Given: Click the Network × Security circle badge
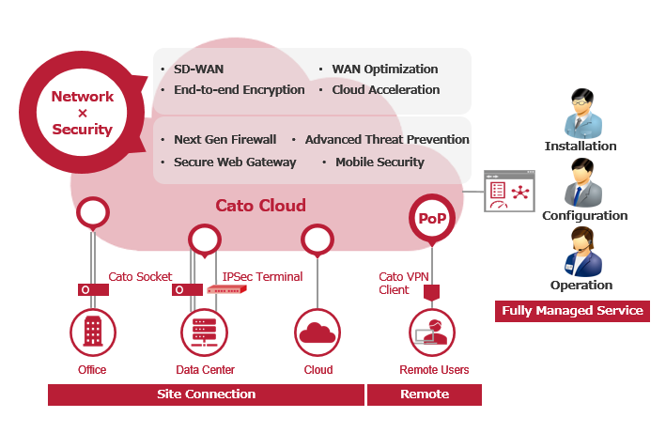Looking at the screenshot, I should click(x=82, y=113).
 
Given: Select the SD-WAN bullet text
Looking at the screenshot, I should click(x=198, y=70).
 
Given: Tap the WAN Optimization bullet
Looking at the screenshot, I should click(x=384, y=70).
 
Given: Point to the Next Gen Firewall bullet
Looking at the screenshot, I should click(x=225, y=140).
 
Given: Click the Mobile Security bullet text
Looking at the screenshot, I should click(x=379, y=162).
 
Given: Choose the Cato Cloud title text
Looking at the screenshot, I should click(x=260, y=206).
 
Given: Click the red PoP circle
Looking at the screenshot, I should click(x=432, y=218).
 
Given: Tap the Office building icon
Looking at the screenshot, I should click(x=92, y=332).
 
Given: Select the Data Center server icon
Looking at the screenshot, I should click(x=204, y=332).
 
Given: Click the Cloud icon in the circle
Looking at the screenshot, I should click(x=318, y=332).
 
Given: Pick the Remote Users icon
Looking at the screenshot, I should click(x=432, y=332).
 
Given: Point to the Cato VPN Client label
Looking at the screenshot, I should click(x=404, y=284).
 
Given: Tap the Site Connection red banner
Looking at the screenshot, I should click(x=206, y=394).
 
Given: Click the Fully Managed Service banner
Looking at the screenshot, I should click(x=572, y=311).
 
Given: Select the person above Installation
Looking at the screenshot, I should click(x=581, y=115).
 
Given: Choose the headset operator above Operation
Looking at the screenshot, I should click(x=581, y=252).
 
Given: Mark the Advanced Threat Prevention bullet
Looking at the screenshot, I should click(x=386, y=140).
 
